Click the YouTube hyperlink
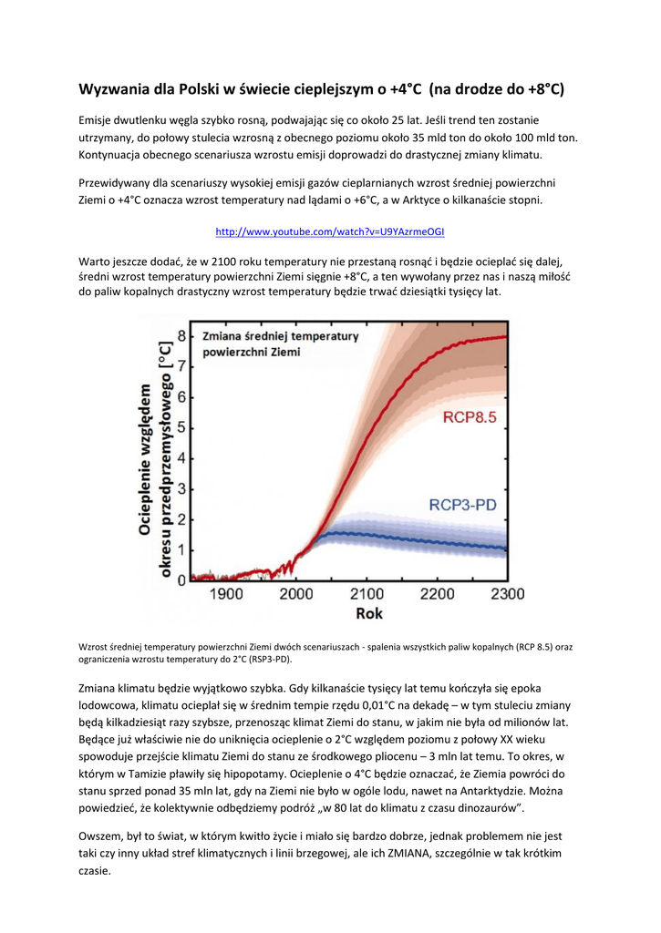click(329, 232)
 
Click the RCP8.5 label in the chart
click(470, 418)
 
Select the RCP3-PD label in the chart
click(470, 504)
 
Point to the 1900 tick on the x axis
click(226, 594)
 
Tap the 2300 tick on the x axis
click(507, 594)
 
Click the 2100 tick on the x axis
click(368, 594)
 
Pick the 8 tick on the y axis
click(181, 336)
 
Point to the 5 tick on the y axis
click(181, 427)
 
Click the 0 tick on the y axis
click(181, 579)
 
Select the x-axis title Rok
click(368, 613)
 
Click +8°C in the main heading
click(544, 88)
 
